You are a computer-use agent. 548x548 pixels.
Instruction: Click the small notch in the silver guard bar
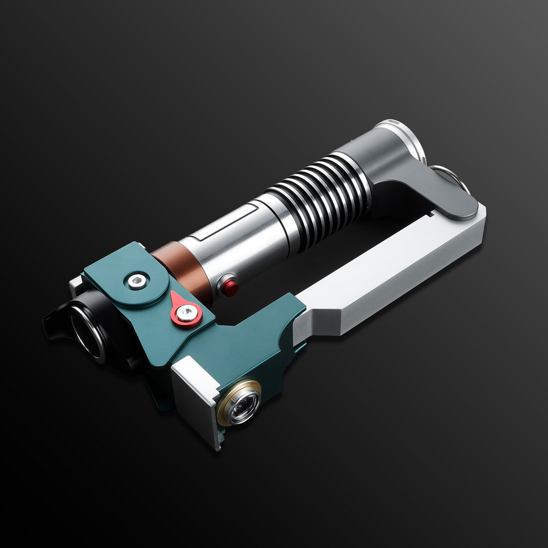[431, 213]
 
